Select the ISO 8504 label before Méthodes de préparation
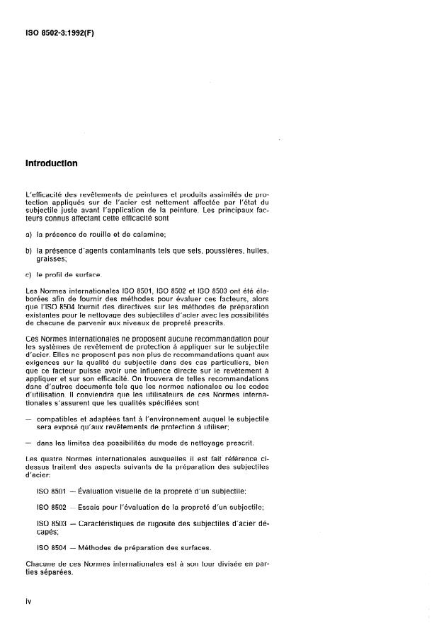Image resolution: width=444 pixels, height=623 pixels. (x=51, y=547)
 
